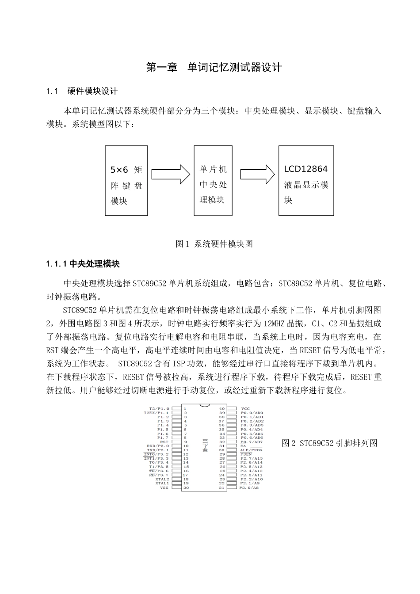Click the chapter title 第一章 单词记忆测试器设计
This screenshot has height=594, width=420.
click(214, 68)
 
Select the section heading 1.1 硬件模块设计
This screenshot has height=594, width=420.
click(82, 91)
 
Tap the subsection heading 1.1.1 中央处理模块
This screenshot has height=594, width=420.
click(83, 264)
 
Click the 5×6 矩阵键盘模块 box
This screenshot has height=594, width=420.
click(126, 181)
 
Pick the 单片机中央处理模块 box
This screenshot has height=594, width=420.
click(213, 181)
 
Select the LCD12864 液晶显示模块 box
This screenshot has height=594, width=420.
click(306, 181)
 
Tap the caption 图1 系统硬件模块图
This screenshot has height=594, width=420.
click(214, 244)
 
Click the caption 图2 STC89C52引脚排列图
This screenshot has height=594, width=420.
click(329, 443)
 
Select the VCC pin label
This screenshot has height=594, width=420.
click(245, 408)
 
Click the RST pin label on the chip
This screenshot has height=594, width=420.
click(164, 442)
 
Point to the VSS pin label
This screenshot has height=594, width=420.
click(164, 487)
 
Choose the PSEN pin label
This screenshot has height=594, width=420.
click(246, 454)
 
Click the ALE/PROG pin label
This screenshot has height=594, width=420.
click(251, 450)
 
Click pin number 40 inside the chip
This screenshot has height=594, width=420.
click(222, 408)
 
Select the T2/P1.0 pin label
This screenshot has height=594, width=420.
click(159, 408)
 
